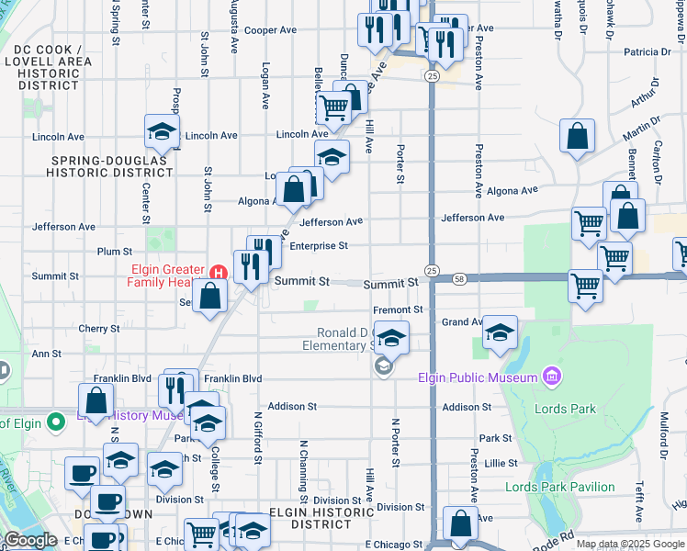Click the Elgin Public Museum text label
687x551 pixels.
[477, 377]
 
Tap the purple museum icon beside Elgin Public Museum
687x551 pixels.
[550, 377]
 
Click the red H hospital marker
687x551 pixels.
[219, 273]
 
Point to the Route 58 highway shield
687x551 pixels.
[459, 278]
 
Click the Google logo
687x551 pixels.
[29, 540]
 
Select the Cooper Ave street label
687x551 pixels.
[270, 30]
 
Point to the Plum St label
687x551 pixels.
[115, 251]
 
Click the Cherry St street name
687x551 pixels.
[99, 328]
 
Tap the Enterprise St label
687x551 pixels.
[318, 246]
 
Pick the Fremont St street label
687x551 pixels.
[398, 310]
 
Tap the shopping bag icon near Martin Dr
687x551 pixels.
[577, 137]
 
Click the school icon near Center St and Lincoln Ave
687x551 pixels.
[162, 131]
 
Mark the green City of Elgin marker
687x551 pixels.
[55, 423]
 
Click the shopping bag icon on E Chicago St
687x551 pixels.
[459, 524]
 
